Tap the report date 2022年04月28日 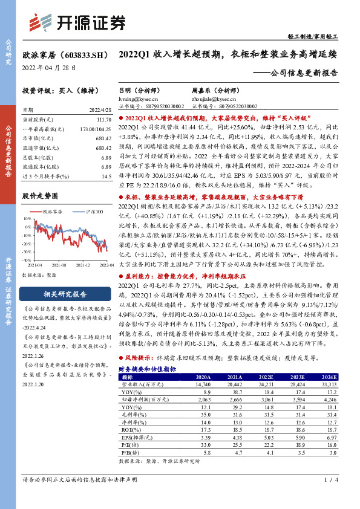(x=49, y=68)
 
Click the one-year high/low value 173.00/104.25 (x=93, y=129)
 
